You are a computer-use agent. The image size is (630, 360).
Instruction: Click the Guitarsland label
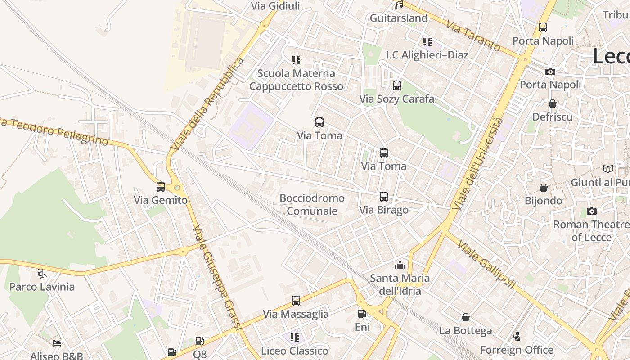click(x=398, y=18)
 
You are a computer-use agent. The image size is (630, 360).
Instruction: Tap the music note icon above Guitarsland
click(x=398, y=5)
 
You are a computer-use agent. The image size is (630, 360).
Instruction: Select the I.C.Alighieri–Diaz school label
click(x=427, y=55)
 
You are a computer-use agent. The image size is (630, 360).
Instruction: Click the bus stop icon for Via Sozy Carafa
click(x=396, y=85)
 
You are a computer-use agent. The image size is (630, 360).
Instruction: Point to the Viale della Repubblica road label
click(x=207, y=104)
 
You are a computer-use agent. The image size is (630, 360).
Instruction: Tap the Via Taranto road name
click(x=473, y=36)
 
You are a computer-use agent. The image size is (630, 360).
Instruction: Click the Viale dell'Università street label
click(x=478, y=164)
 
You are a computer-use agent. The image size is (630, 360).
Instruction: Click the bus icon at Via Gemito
click(x=161, y=187)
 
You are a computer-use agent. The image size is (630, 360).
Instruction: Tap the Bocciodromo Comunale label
click(x=312, y=204)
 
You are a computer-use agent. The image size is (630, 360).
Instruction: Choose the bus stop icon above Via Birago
click(x=383, y=197)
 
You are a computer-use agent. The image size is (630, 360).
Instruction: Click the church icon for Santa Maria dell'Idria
click(x=400, y=265)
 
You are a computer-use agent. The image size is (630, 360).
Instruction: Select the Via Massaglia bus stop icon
click(x=296, y=301)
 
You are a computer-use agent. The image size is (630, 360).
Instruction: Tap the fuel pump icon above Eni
click(x=362, y=314)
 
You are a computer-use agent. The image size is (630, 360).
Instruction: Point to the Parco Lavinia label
click(x=42, y=287)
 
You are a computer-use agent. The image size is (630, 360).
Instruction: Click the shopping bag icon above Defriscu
click(x=552, y=104)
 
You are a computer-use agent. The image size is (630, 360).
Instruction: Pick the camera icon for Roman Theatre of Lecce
click(x=591, y=211)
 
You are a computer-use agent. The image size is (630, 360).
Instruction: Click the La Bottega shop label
click(x=465, y=331)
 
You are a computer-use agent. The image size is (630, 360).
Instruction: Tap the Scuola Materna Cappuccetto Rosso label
click(x=296, y=80)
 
